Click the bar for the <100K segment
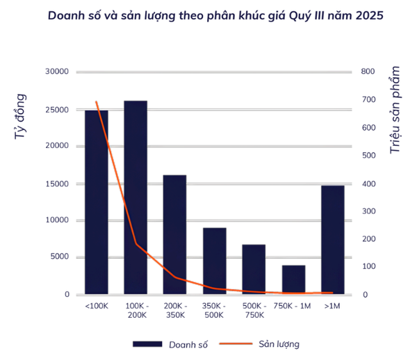coord(97,202)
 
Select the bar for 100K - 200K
coord(136,197)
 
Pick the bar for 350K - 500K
coord(214,261)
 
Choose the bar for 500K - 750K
coord(254,269)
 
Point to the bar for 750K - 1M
coord(293,279)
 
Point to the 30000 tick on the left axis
coord(56,72)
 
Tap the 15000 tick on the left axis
coord(56,183)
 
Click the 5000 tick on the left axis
coord(58,257)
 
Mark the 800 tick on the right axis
coord(368,72)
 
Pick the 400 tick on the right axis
coord(368,183)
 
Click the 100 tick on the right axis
coord(368,267)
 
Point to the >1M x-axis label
coord(332,306)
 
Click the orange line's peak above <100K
coord(97,102)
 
